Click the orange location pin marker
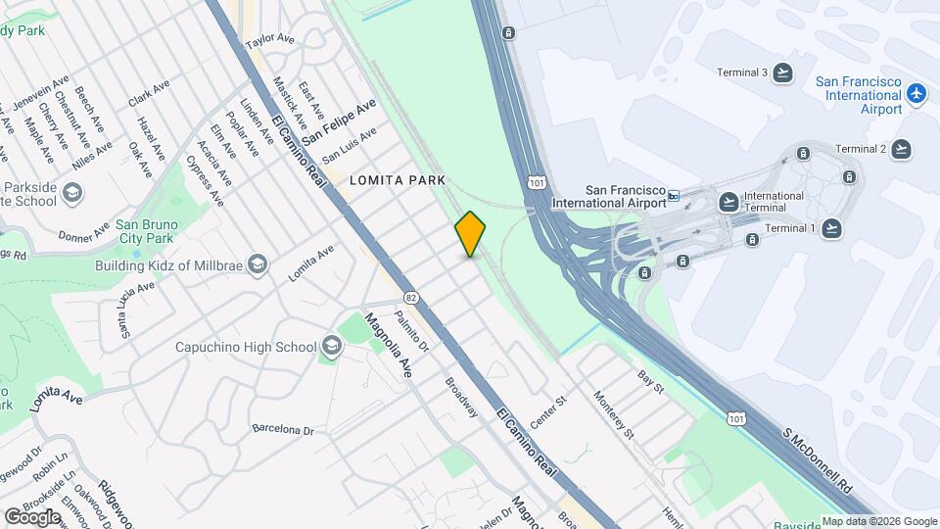(x=471, y=233)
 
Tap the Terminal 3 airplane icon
(x=782, y=72)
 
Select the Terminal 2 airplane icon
(x=901, y=149)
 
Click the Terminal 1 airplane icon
(x=831, y=228)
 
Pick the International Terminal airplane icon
(x=728, y=202)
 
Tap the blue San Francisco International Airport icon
(x=916, y=94)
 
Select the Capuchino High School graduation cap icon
(x=331, y=347)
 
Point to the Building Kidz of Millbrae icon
(x=257, y=264)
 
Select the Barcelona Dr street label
(x=282, y=429)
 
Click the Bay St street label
(x=650, y=382)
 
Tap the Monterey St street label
(x=614, y=414)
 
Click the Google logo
(x=32, y=516)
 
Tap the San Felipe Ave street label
(x=339, y=122)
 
